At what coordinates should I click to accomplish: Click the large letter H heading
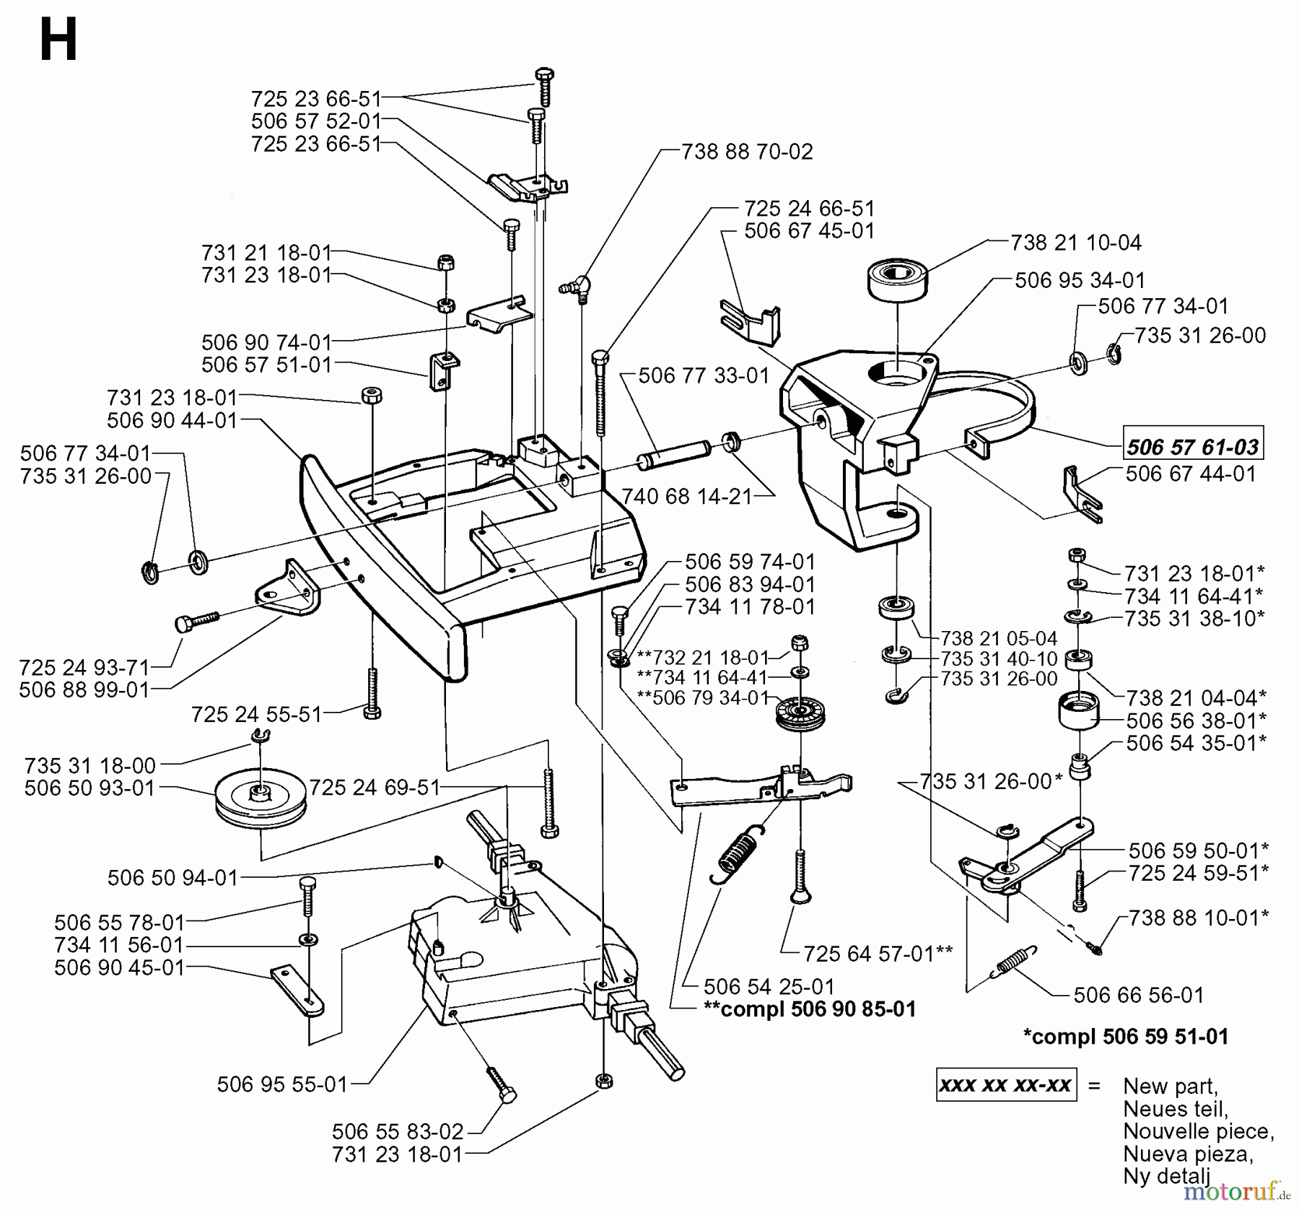coord(58,41)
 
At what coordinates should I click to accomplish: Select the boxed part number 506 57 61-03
coord(1192,447)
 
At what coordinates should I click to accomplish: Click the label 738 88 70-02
coord(747,152)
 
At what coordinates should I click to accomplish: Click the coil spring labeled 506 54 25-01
coord(738,855)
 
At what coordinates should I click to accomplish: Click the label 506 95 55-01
coord(282,1084)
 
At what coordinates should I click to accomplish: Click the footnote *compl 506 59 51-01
coord(1125,1037)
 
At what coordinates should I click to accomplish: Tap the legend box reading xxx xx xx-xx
coord(1006,1085)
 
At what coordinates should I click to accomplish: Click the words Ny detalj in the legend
coord(1165,1175)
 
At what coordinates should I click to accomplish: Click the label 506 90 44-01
coord(172,419)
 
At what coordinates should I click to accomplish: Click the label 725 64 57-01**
coord(878,954)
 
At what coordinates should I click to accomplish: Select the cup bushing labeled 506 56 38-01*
coord(1078,711)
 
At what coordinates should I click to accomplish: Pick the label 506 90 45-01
coord(120,967)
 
